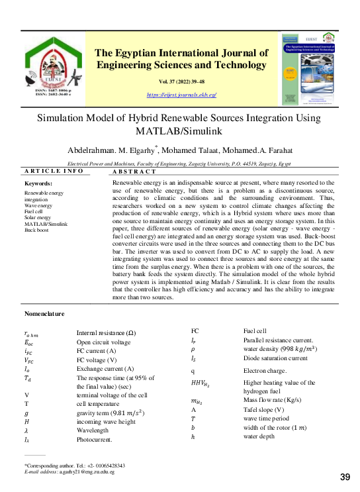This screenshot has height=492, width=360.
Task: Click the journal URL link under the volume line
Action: (181, 95)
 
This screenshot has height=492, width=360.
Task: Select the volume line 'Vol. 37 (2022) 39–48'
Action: (182, 81)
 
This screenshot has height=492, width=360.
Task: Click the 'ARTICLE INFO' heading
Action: (54, 172)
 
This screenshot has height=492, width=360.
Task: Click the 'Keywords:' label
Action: (38, 183)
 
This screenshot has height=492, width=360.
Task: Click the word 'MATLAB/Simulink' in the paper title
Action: (181, 131)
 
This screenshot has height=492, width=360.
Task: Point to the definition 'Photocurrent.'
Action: (95, 438)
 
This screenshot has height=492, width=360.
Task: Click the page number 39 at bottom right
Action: (345, 477)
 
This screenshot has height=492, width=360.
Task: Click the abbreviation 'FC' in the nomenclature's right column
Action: (195, 330)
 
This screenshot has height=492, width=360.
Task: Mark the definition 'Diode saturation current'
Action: (275, 358)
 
